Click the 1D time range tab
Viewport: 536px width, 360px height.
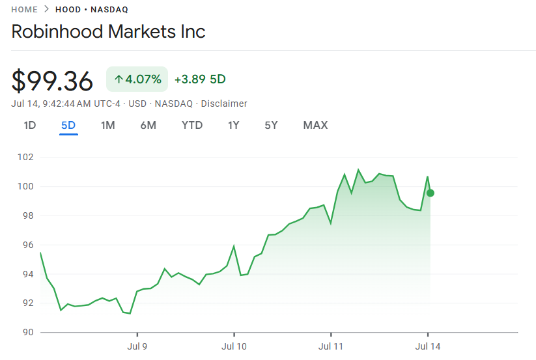point(30,125)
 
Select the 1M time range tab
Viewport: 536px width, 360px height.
point(107,125)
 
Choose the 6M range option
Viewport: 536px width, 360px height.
point(148,125)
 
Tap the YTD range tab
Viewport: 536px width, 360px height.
point(192,125)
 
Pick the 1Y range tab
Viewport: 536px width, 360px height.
point(234,125)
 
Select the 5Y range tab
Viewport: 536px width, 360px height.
point(271,125)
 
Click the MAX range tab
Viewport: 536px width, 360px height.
point(315,125)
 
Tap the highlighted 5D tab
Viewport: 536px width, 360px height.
point(68,125)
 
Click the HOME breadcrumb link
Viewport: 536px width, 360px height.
point(25,10)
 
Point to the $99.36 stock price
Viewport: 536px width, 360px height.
point(53,81)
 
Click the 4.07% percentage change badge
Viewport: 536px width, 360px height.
point(137,79)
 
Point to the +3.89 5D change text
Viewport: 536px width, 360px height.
point(200,79)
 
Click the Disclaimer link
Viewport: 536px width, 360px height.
point(224,104)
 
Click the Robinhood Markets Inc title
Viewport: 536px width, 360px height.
point(109,31)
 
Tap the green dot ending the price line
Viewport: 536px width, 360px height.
point(430,193)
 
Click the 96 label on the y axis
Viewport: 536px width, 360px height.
point(26,245)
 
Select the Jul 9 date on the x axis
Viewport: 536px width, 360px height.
point(137,346)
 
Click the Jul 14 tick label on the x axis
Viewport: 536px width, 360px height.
point(428,346)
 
